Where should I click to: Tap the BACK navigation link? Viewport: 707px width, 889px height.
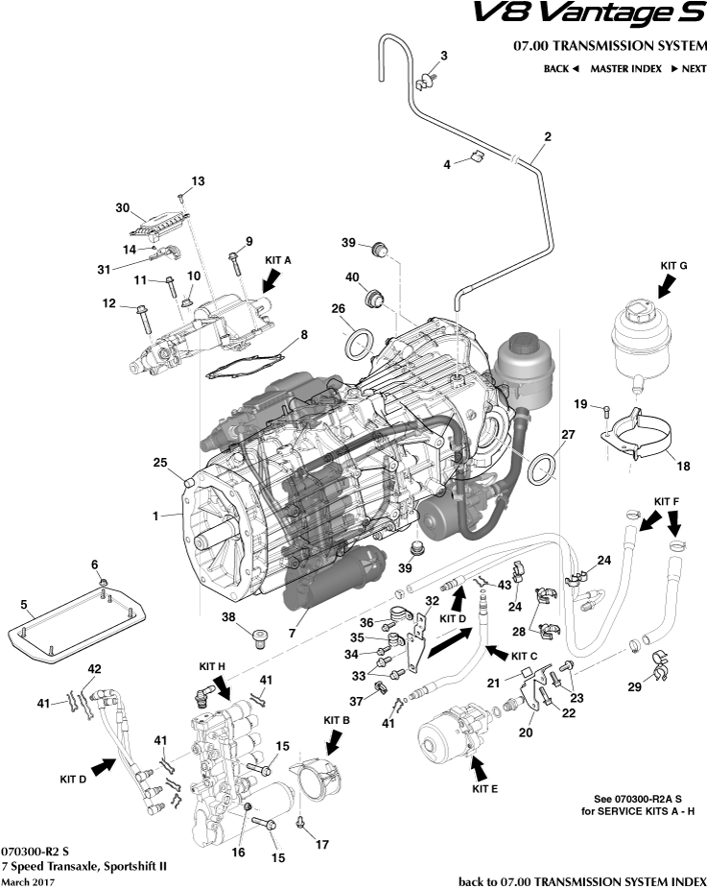[x=561, y=69]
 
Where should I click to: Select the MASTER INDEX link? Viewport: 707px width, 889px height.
[x=625, y=69]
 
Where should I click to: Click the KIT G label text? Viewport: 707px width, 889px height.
[x=674, y=265]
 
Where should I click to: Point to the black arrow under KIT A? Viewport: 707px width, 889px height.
[x=271, y=279]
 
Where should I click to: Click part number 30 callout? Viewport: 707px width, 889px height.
[x=122, y=207]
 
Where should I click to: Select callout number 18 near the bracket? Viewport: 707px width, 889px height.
[x=683, y=467]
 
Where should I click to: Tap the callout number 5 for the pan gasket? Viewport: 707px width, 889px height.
[x=26, y=606]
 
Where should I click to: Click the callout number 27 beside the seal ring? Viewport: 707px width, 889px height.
[x=567, y=435]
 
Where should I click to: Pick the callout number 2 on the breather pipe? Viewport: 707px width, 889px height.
[x=548, y=137]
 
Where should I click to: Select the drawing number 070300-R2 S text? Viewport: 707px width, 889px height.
[x=35, y=851]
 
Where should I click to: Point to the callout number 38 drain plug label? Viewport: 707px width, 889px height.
[x=228, y=616]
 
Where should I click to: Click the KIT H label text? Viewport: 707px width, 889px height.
[x=213, y=665]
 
